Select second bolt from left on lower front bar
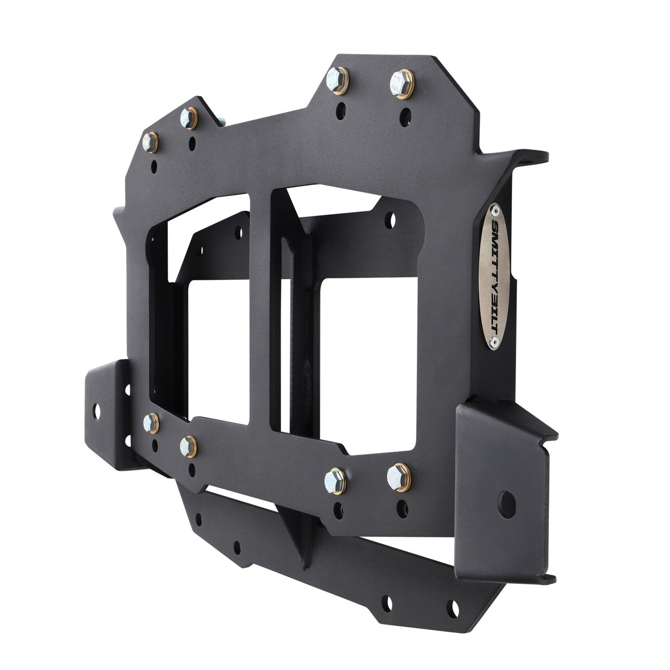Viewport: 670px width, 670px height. tap(185, 444)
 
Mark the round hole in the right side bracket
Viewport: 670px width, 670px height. tap(506, 499)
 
